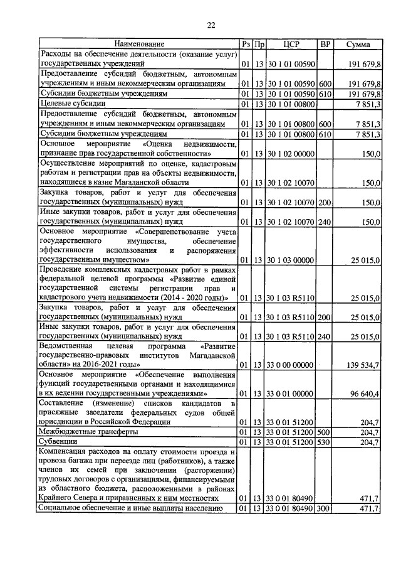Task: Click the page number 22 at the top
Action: [211, 25]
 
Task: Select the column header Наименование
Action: [139, 45]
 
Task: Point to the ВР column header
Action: [325, 45]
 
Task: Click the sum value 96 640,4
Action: [362, 394]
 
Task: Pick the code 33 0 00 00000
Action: [290, 364]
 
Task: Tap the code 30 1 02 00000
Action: [290, 154]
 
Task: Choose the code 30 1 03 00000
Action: [290, 259]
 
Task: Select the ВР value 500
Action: [325, 433]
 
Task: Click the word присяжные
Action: [61, 413]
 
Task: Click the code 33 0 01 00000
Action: [290, 394]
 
